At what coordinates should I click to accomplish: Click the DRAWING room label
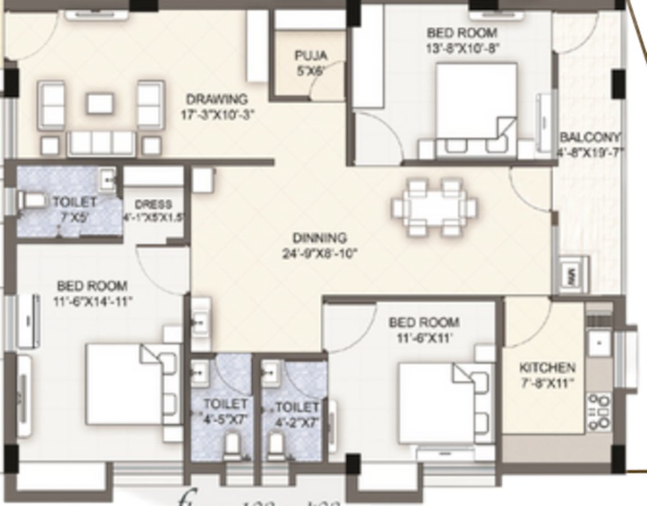pyautogui.click(x=216, y=99)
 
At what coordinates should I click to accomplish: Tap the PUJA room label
pyautogui.click(x=310, y=56)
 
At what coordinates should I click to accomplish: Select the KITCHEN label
pyautogui.click(x=547, y=368)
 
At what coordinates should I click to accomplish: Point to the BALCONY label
pyautogui.click(x=590, y=138)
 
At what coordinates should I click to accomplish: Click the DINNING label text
pyautogui.click(x=320, y=238)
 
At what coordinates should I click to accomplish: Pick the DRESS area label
pyautogui.click(x=153, y=205)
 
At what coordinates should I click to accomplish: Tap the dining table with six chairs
pyautogui.click(x=434, y=208)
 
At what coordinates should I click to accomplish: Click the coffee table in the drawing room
pyautogui.click(x=100, y=103)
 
